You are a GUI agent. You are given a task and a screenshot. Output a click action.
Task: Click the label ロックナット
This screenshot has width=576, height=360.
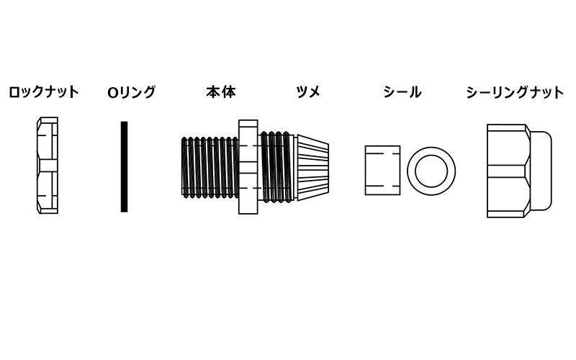pyautogui.click(x=44, y=92)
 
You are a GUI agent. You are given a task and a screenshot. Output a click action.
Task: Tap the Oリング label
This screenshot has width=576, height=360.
pyautogui.click(x=132, y=92)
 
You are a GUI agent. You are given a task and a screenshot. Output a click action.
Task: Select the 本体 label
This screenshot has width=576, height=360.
pyautogui.click(x=221, y=92)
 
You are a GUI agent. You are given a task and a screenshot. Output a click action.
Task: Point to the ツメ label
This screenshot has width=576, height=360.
pyautogui.click(x=308, y=92)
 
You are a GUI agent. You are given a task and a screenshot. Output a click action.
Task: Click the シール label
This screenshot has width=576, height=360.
pyautogui.click(x=402, y=92)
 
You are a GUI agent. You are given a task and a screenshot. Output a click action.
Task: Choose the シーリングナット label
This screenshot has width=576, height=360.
pyautogui.click(x=515, y=92)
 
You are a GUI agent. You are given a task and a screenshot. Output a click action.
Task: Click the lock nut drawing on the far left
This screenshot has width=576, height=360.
pyautogui.click(x=48, y=166)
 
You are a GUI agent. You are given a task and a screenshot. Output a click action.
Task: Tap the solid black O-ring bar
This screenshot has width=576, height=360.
pyautogui.click(x=124, y=166)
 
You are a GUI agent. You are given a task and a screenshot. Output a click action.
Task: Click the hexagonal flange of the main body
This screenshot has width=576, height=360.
pyautogui.click(x=248, y=167)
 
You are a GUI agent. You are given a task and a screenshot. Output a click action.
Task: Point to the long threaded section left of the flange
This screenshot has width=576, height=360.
pyautogui.click(x=210, y=167)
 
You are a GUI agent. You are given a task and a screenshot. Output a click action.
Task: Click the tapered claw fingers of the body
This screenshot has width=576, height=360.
pyautogui.click(x=312, y=167)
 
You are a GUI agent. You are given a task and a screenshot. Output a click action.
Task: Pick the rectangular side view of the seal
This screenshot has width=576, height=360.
pyautogui.click(x=382, y=170)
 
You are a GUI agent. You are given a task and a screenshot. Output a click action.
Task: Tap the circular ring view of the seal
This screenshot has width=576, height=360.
pyautogui.click(x=411, y=171)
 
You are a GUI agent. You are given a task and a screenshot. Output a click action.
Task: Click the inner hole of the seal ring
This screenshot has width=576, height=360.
pyautogui.click(x=431, y=171)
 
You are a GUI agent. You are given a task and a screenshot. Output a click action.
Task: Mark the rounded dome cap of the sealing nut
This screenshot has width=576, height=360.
pyautogui.click(x=541, y=171)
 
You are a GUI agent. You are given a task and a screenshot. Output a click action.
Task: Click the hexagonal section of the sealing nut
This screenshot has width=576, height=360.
pyautogui.click(x=509, y=171)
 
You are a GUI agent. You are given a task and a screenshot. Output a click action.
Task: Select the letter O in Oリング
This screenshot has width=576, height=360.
pyautogui.click(x=112, y=93)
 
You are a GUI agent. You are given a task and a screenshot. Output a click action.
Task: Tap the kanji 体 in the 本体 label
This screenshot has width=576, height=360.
pyautogui.click(x=228, y=92)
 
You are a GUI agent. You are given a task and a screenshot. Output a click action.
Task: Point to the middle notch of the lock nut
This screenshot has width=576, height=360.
pyautogui.click(x=48, y=166)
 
